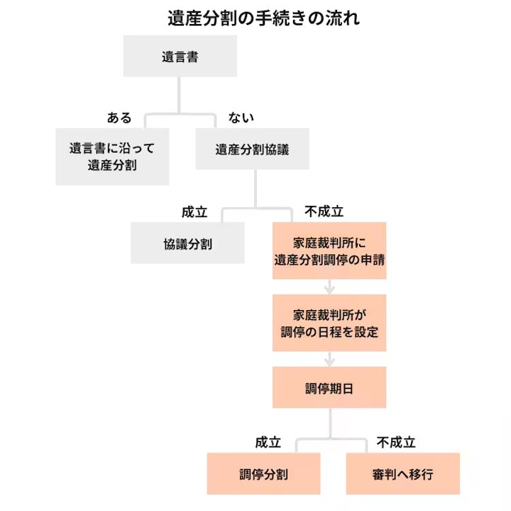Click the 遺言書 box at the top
click(x=180, y=57)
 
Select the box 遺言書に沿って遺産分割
click(x=112, y=156)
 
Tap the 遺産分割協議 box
click(x=252, y=150)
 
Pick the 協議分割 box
click(x=187, y=243)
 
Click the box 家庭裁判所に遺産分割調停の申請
click(x=329, y=251)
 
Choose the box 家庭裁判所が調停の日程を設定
click(x=329, y=322)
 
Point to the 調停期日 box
click(x=329, y=388)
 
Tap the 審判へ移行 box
click(x=402, y=473)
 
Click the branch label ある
click(x=119, y=118)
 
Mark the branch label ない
click(x=241, y=118)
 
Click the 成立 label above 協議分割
click(x=194, y=211)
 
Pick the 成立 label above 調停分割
click(x=268, y=443)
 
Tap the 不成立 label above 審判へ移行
click(x=396, y=443)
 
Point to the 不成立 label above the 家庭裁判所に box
click(x=324, y=211)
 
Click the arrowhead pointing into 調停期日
click(x=329, y=361)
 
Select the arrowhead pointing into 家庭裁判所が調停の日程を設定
click(x=329, y=289)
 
